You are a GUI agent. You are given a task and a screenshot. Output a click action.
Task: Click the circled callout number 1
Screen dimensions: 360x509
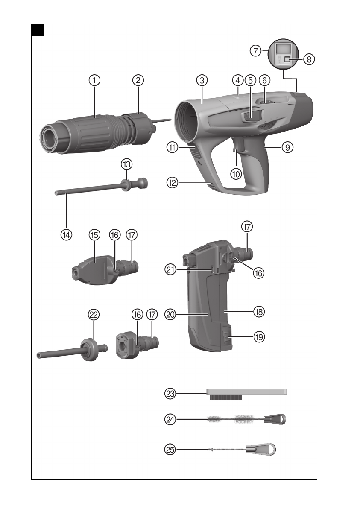click(x=94, y=80)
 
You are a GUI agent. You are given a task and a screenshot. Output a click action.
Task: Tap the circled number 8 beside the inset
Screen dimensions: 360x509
click(x=309, y=59)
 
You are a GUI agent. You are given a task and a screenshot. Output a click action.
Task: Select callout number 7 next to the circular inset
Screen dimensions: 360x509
click(x=256, y=51)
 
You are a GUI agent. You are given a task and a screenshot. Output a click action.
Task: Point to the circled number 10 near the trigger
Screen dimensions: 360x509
click(x=236, y=174)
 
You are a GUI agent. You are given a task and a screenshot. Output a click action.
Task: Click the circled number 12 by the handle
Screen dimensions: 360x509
click(x=173, y=183)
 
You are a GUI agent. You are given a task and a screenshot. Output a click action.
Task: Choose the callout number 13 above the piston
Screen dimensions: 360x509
click(x=126, y=164)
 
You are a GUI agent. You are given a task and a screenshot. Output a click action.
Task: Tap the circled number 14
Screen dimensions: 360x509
click(x=66, y=234)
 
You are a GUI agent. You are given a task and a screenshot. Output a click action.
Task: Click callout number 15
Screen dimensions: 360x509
click(x=94, y=234)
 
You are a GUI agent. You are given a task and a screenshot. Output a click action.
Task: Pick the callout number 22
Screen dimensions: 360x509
click(x=94, y=314)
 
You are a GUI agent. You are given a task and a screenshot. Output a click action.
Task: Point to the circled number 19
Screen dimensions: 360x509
click(x=259, y=337)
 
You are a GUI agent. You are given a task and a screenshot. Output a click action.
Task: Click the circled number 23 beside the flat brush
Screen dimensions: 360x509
click(x=170, y=394)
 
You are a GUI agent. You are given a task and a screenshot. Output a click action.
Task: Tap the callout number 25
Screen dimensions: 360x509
click(x=170, y=450)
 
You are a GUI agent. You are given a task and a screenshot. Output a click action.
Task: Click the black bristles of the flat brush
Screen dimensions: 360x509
click(x=225, y=397)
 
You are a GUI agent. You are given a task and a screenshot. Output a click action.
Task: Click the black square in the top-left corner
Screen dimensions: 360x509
click(x=37, y=30)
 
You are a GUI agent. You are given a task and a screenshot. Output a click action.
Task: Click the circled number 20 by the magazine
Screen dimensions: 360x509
click(x=170, y=314)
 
